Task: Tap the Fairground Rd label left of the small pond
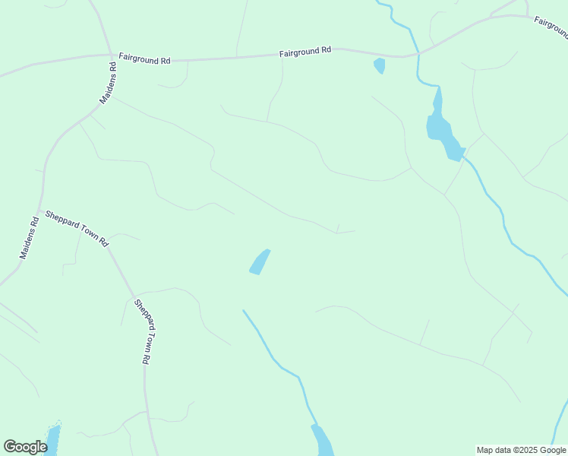click(305, 51)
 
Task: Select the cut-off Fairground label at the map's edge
click(551, 27)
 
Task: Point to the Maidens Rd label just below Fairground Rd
click(109, 82)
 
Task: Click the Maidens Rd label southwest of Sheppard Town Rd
click(29, 239)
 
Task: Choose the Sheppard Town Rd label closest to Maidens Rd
click(77, 228)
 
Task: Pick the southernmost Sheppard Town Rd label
click(147, 332)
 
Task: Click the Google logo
click(25, 447)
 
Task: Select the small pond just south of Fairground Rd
click(380, 66)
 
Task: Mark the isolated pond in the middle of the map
click(260, 262)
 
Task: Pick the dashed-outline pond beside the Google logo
click(53, 439)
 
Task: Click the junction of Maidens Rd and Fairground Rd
click(111, 55)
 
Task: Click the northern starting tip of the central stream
click(243, 310)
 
